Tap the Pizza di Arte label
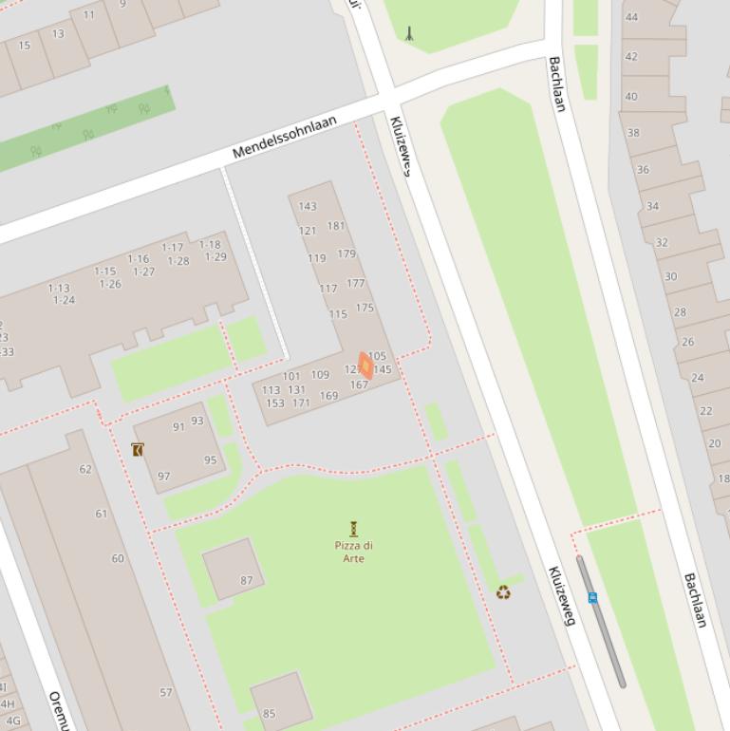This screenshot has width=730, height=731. [x=353, y=552]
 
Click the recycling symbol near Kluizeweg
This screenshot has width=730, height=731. [x=503, y=592]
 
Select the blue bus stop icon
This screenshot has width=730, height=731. [x=592, y=597]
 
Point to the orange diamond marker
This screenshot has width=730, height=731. [x=365, y=365]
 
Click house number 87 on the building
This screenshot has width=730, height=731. [x=247, y=580]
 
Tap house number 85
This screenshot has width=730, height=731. [x=270, y=714]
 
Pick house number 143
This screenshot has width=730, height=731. [x=308, y=206]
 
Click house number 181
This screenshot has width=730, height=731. [x=336, y=226]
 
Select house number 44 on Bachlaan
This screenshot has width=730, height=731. [x=631, y=17]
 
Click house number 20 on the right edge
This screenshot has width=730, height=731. [x=714, y=443]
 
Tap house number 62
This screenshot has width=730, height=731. [x=85, y=469]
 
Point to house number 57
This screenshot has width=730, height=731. [x=166, y=692]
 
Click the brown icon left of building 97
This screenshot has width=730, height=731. [x=139, y=449]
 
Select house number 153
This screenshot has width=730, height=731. [x=274, y=403]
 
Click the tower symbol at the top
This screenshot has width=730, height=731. [x=409, y=33]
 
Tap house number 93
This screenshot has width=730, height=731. [x=197, y=421]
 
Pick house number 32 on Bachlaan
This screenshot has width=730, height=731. [x=662, y=242]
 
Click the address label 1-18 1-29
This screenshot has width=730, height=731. [x=213, y=251]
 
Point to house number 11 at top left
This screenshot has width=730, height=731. [x=89, y=14]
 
